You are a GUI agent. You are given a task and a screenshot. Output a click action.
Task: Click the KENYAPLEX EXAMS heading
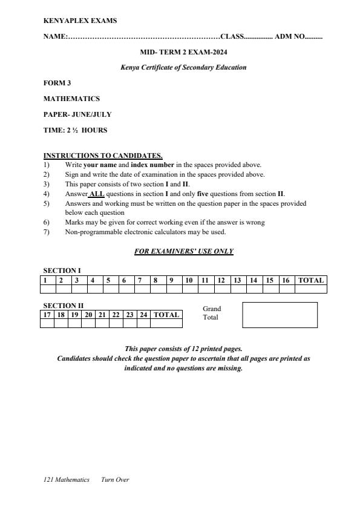click(x=80, y=21)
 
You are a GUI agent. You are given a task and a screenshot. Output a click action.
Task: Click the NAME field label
click(x=55, y=37)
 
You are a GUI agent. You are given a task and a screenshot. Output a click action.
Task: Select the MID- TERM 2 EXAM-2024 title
click(x=183, y=52)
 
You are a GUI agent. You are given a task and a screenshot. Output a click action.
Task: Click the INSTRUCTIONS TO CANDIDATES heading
click(x=103, y=156)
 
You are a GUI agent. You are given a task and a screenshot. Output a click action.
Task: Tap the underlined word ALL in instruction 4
click(x=97, y=194)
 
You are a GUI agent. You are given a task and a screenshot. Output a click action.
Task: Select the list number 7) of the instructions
click(x=47, y=232)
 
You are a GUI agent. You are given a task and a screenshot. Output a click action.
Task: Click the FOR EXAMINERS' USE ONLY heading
click(x=183, y=251)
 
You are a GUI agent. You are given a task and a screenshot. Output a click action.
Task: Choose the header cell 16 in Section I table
click(x=286, y=280)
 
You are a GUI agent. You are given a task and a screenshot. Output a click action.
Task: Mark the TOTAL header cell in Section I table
click(x=311, y=280)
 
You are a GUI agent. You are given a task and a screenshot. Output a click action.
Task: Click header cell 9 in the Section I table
click(x=171, y=280)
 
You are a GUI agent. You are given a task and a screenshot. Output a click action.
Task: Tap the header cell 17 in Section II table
click(x=47, y=315)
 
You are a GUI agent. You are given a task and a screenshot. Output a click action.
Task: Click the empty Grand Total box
click(x=280, y=315)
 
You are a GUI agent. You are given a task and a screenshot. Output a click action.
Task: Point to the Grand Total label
click(x=212, y=313)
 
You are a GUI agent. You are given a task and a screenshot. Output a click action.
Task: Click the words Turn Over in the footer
click(x=115, y=480)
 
